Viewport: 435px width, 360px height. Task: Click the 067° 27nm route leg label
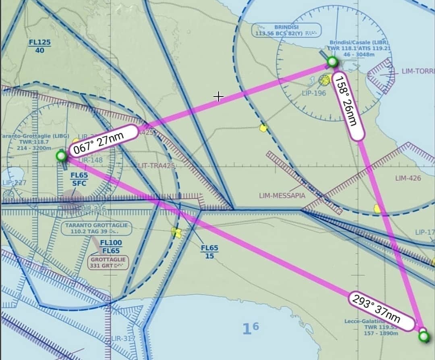(104, 140)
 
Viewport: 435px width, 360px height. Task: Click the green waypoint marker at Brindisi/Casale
(332, 62)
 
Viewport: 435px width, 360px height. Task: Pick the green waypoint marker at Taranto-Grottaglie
(61, 156)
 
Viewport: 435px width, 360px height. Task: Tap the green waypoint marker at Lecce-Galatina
(424, 337)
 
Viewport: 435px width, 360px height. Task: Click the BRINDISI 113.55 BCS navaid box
(286, 30)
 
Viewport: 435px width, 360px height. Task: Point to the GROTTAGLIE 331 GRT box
(108, 263)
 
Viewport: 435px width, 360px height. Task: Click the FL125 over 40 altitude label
(39, 46)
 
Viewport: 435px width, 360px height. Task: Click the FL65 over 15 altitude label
(209, 252)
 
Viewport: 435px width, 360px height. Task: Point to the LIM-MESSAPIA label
(282, 196)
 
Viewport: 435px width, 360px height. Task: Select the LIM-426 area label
(408, 178)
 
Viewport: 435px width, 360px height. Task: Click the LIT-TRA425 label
(157, 166)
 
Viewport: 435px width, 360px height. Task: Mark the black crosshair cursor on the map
(218, 96)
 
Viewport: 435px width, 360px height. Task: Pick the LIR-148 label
(91, 160)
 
